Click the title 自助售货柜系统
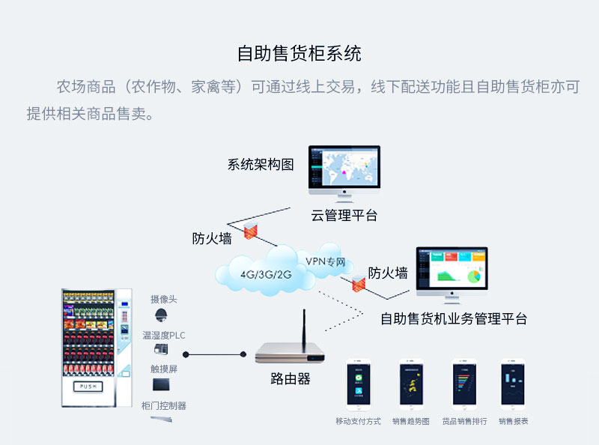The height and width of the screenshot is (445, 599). [x=299, y=54]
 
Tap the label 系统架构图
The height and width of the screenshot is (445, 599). [x=261, y=165]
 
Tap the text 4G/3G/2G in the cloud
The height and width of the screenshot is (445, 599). [x=266, y=273]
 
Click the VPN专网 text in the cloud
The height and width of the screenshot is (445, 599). [x=326, y=262]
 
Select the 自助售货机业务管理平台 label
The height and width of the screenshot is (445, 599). [x=454, y=318]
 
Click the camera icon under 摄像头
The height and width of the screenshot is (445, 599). [x=161, y=315]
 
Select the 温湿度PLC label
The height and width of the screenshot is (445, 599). [x=164, y=335]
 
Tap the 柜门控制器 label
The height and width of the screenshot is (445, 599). [x=164, y=405]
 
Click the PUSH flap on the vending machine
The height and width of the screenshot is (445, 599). [x=94, y=387]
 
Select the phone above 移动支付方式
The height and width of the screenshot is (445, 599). [x=359, y=384]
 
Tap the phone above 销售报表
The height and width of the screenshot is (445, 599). [x=513, y=384]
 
